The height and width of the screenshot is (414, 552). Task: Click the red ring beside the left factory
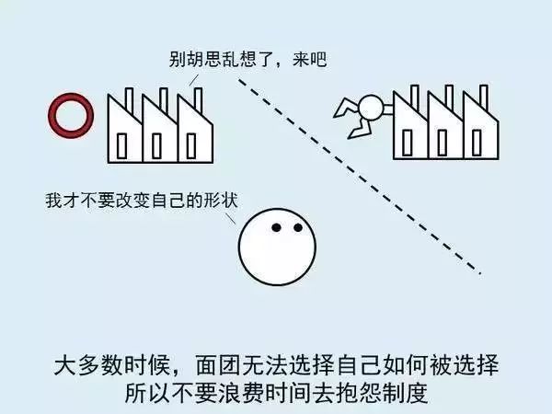click(71, 132)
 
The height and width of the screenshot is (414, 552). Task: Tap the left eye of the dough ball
click(276, 227)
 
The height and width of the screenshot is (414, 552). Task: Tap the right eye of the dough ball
click(298, 227)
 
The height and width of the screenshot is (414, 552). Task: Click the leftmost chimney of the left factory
click(129, 100)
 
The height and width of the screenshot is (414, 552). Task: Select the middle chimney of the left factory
click(164, 100)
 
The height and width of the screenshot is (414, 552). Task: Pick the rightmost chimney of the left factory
click(198, 100)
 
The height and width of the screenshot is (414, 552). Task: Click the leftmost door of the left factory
click(121, 145)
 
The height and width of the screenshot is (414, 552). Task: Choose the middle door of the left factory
click(156, 145)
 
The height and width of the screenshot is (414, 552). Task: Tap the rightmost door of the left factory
click(191, 145)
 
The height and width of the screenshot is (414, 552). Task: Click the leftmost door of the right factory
click(408, 143)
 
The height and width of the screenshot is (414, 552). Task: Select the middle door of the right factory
click(443, 143)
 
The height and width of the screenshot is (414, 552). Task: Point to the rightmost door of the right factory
click(477, 143)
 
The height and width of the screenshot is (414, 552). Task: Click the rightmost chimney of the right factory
click(484, 98)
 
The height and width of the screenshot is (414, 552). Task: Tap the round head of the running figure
click(371, 108)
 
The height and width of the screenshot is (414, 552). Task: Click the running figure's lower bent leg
click(360, 129)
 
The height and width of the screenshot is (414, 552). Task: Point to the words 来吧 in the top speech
click(309, 60)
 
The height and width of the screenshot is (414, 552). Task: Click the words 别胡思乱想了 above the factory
click(221, 60)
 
